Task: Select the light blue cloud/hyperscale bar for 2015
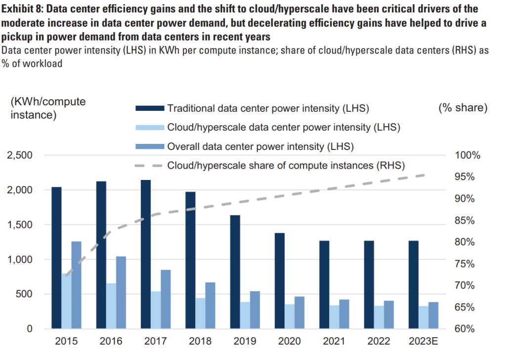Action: point(66,301)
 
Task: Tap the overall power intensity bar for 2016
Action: point(121,292)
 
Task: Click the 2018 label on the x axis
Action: point(200,342)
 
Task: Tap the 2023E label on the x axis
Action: point(423,342)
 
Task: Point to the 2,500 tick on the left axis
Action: point(20,155)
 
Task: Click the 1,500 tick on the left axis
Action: point(20,225)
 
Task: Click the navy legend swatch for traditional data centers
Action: point(149,108)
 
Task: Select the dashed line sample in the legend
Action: point(149,165)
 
